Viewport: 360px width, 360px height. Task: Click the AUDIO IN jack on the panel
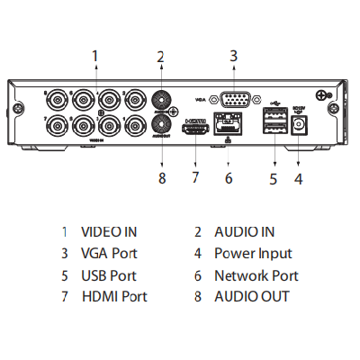162,101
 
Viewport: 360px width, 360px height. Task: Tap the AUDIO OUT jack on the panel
162,124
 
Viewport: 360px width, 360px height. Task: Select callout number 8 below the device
162,177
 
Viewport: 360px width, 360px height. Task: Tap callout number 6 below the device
229,177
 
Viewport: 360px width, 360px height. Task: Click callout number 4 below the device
299,177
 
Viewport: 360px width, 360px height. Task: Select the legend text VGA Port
110,254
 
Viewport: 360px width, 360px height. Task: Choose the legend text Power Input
253,254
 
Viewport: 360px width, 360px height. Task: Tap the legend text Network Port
256,275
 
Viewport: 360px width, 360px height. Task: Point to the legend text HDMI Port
114,296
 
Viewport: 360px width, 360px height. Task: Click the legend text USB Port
109,275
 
